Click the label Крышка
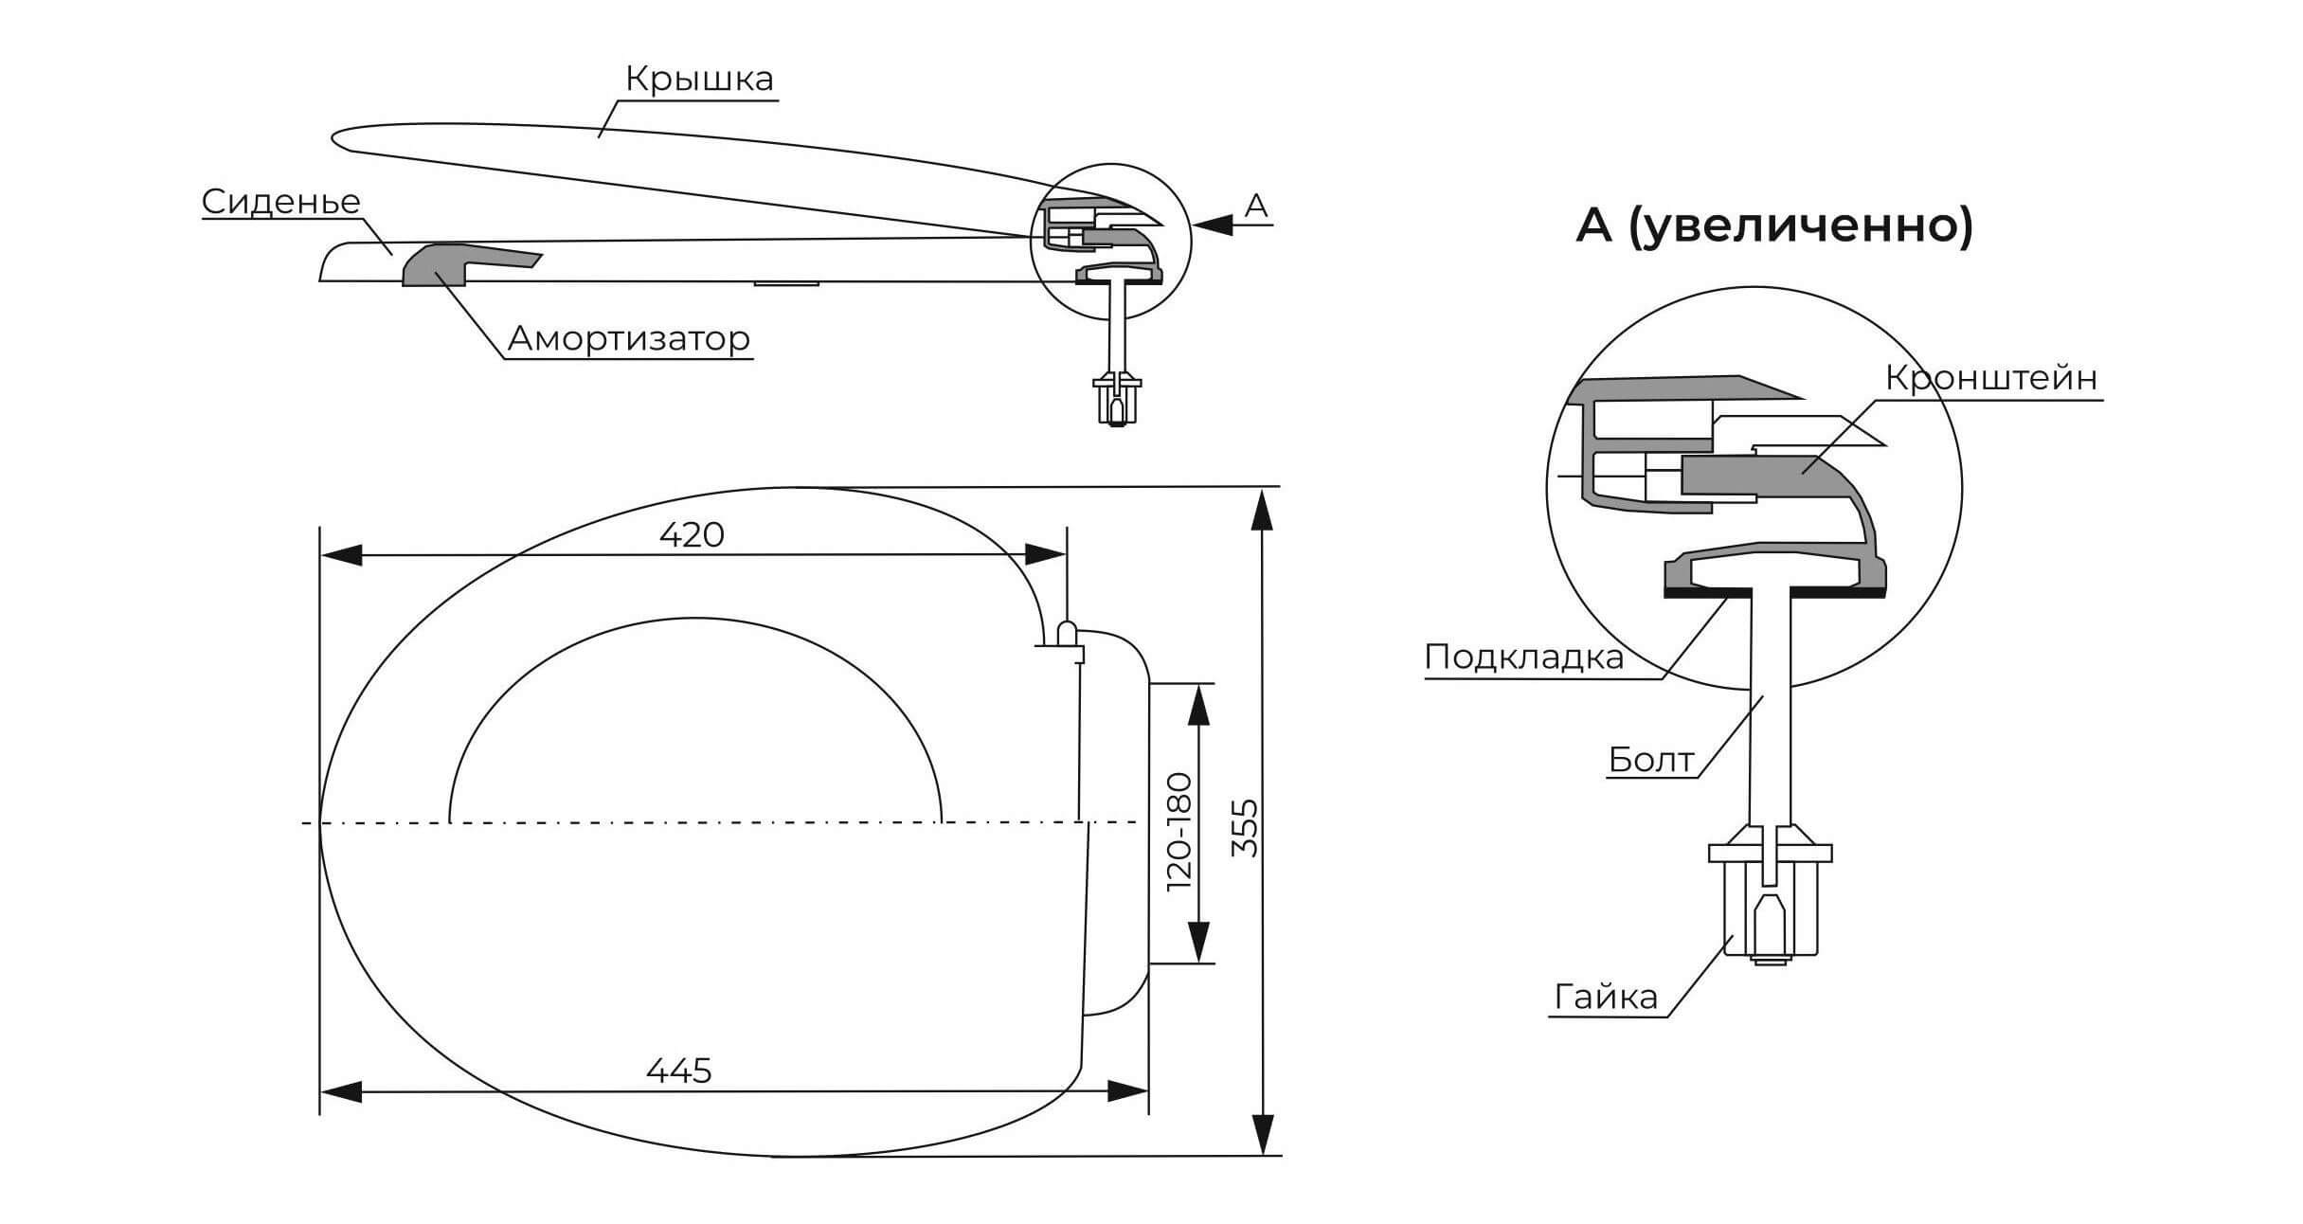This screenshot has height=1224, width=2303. pos(699,80)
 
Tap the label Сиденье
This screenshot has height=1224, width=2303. pos(281,202)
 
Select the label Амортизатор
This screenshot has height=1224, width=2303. pos(629,338)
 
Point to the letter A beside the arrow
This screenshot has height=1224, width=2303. pos(1255,206)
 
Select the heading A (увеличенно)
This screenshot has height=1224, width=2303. pos(1773,226)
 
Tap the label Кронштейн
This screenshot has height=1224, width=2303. pos(1991,378)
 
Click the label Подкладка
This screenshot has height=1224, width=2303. pos(1523,657)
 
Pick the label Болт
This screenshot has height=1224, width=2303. pos(1650,760)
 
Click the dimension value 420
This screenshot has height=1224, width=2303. pos(692,535)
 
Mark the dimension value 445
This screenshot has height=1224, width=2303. pos(678,1071)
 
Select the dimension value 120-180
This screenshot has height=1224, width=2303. pos(1179,831)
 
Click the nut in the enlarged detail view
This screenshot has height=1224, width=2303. pos(1770,909)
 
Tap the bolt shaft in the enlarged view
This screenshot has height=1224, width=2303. pos(1770,711)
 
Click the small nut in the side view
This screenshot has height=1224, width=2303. pos(1119,400)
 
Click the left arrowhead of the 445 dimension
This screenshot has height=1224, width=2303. pos(341,1092)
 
